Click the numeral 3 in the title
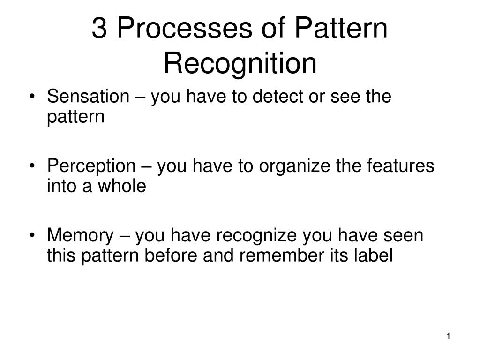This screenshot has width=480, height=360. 99,29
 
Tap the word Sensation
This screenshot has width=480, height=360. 88,97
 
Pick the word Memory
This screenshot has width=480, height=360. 80,235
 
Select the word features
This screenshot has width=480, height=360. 405,166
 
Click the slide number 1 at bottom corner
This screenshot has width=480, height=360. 449,337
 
